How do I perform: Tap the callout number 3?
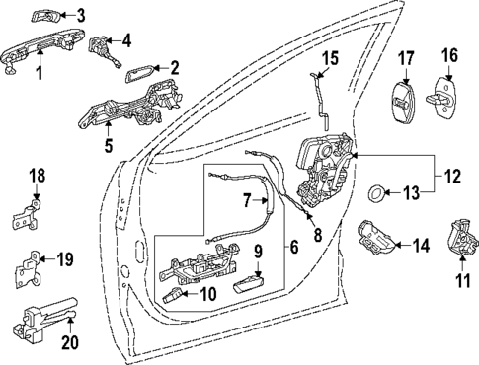(81, 15)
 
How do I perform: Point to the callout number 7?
(249, 201)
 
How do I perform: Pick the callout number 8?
(318, 236)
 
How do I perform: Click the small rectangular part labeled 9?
(245, 287)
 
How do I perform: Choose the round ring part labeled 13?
(379, 190)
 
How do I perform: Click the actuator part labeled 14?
(377, 236)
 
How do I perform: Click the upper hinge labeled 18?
(32, 214)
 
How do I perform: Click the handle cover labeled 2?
(138, 73)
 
